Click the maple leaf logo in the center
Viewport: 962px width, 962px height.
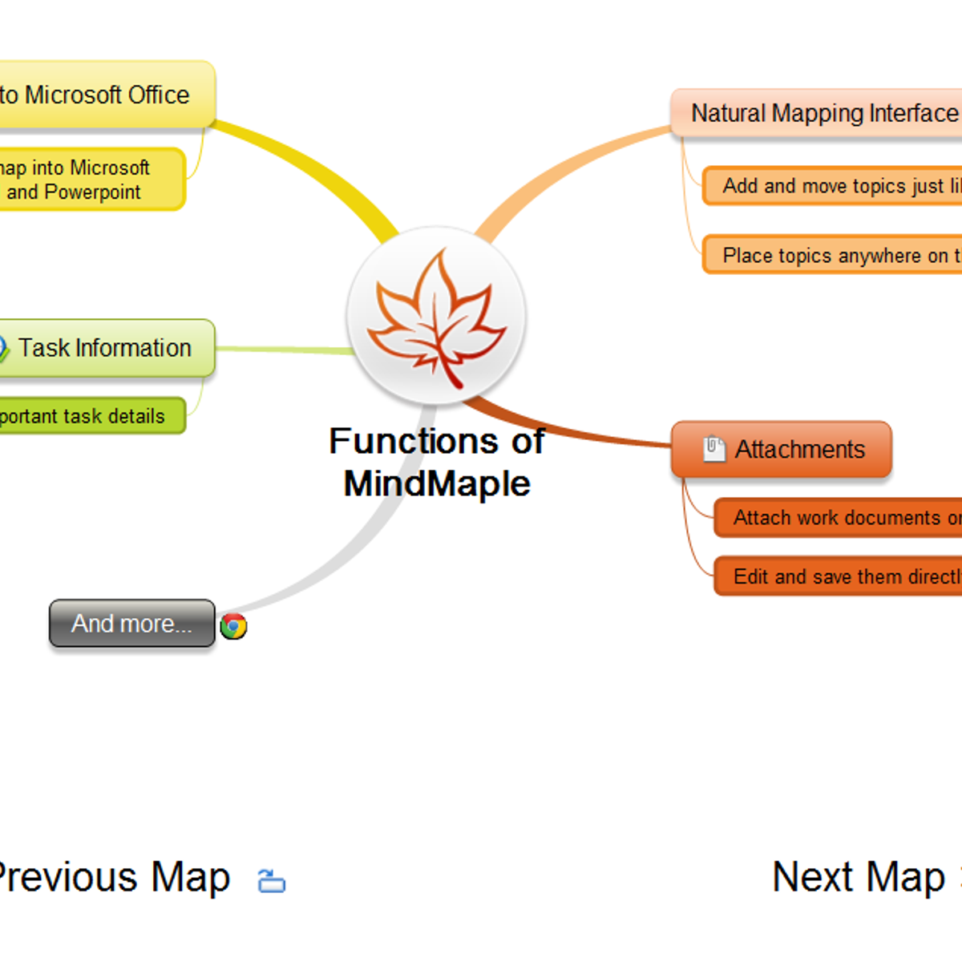click(x=437, y=316)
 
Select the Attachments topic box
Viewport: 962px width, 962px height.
click(x=782, y=450)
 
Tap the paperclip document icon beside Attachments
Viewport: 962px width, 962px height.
click(x=713, y=449)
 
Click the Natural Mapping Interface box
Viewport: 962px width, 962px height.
click(x=818, y=114)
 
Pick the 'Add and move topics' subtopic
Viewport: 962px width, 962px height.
click(x=834, y=186)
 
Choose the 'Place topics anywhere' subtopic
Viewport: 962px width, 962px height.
click(x=834, y=256)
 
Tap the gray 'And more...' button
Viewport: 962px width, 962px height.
click(x=132, y=624)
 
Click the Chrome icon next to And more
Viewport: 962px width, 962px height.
click(x=233, y=626)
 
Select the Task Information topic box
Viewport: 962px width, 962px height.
click(x=105, y=348)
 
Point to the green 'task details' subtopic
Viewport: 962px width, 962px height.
click(x=88, y=416)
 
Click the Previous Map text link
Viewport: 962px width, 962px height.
click(x=112, y=877)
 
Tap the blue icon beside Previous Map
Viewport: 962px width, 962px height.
click(x=272, y=881)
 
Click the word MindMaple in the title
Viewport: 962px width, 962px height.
click(x=437, y=484)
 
